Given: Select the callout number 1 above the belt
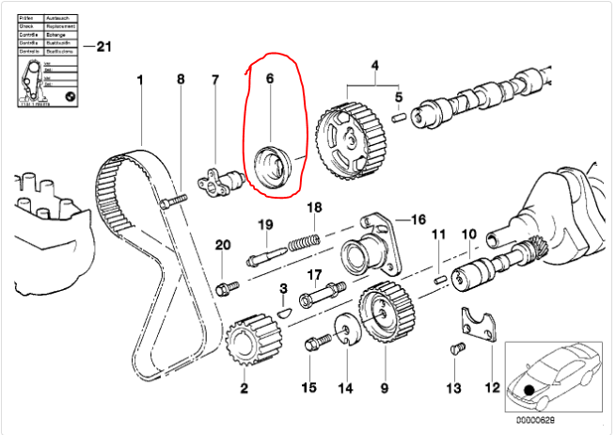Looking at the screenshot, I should coord(140,80).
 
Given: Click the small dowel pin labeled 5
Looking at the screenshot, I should coord(398,118).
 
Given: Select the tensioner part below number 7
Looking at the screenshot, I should coord(218,176).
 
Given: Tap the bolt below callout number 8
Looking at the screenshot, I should coord(174,199).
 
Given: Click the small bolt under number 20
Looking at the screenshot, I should coord(223,285).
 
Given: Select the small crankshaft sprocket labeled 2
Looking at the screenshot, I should coord(244,344).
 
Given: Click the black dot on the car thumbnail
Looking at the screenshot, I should coord(530,389).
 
